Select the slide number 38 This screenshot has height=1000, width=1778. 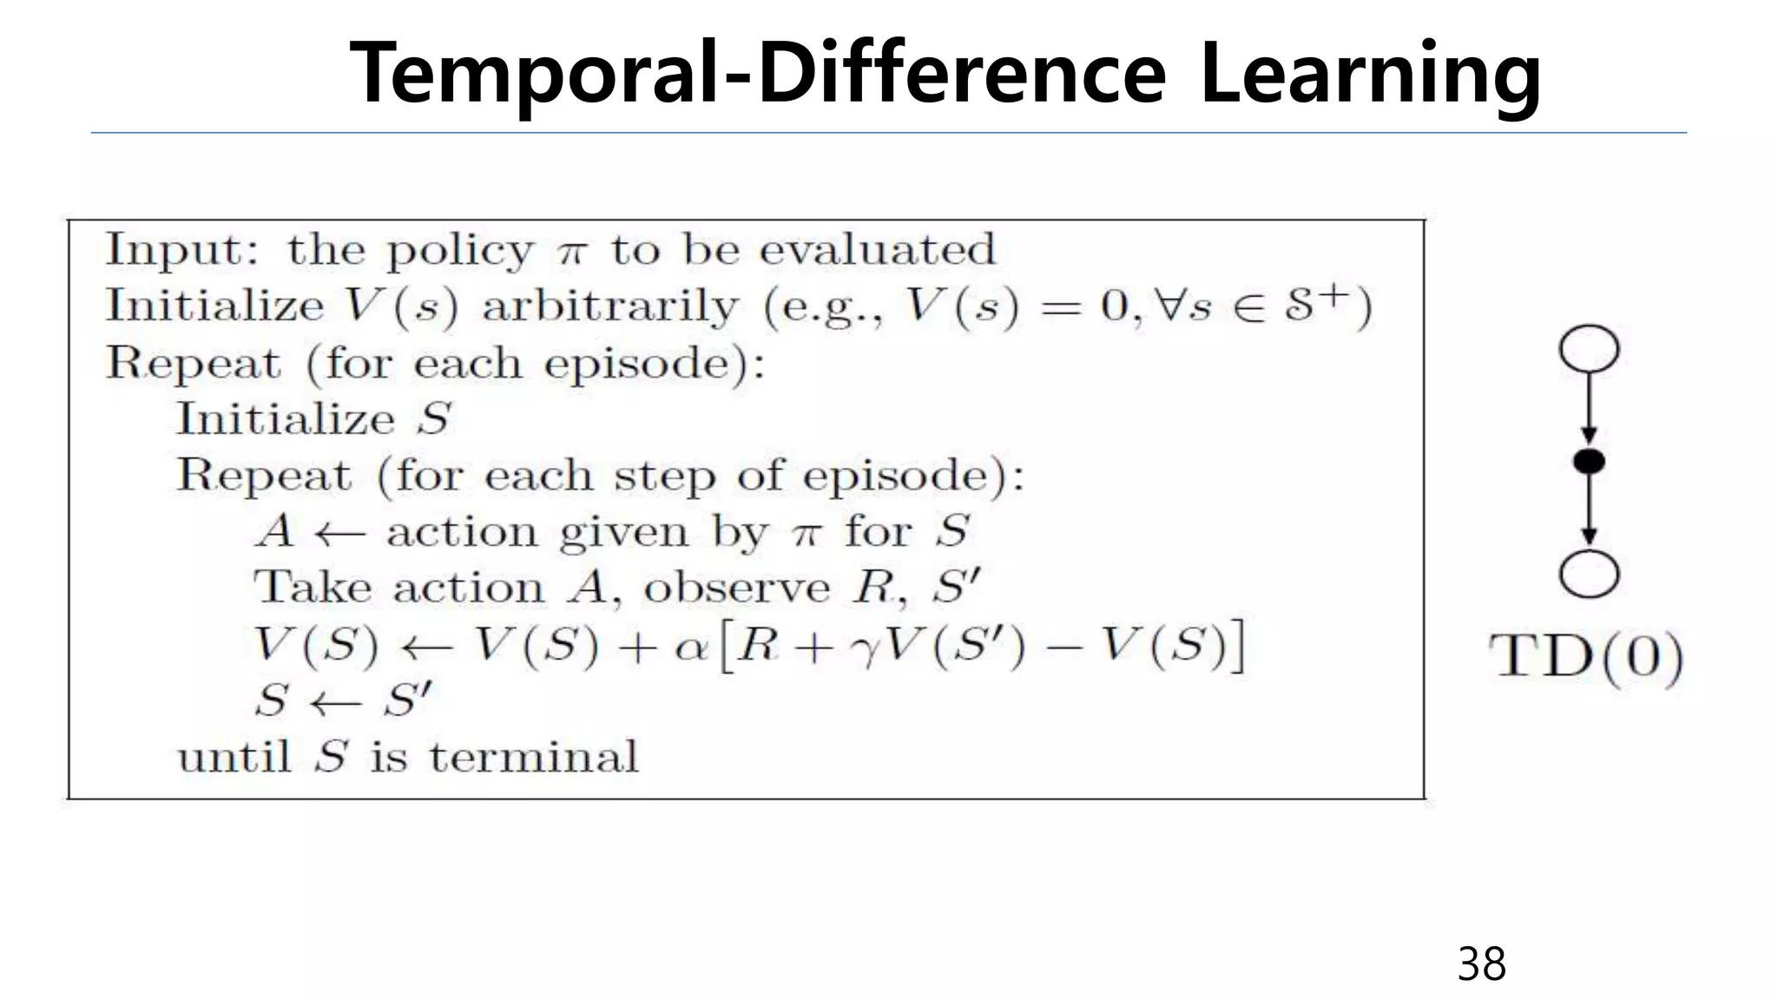coord(1481,964)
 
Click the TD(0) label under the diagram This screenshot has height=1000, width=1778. coord(1586,657)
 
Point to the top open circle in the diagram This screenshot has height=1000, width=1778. coord(1589,349)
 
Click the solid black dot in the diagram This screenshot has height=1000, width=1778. coord(1589,461)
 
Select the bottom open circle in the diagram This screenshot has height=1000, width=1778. coord(1589,575)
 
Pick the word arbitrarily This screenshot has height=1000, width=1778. coord(610,306)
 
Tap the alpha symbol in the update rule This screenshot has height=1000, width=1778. coord(691,648)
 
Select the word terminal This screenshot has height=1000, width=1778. coord(534,756)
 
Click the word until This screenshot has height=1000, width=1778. coord(234,756)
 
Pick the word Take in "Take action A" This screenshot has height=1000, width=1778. coord(312,588)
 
